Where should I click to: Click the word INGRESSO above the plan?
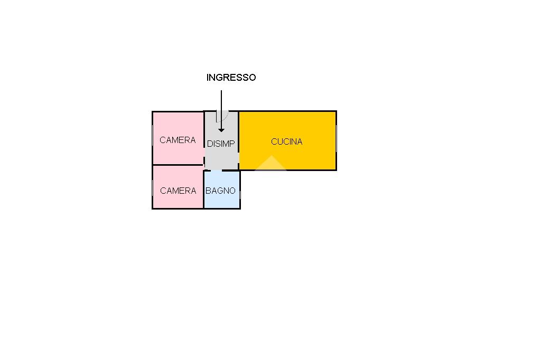231,78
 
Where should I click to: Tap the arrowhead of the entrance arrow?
221,130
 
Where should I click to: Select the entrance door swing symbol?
222,116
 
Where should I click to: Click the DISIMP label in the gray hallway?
221,144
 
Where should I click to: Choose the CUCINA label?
287,141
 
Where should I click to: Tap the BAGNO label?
220,191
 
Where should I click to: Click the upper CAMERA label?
178,140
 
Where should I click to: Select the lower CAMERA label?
178,191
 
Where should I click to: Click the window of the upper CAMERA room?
153,138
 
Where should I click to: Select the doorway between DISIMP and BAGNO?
216,170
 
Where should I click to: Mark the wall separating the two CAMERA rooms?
178,165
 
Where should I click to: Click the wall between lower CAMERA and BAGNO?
204,190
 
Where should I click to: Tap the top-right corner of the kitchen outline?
337,111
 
